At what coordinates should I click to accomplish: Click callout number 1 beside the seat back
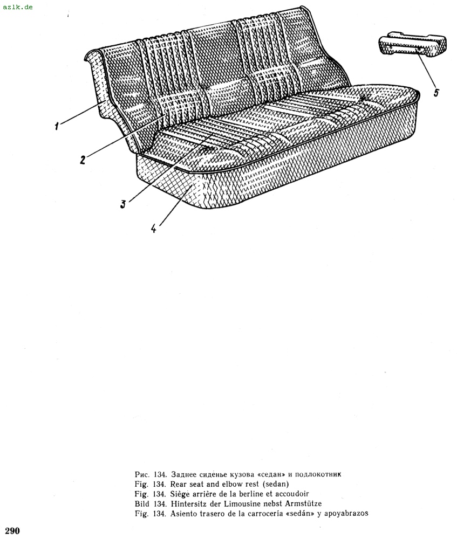pyautogui.click(x=56, y=127)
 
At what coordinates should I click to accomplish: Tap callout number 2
pyautogui.click(x=83, y=160)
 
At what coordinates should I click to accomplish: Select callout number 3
pyautogui.click(x=123, y=204)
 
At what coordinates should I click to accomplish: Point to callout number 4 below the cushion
pyautogui.click(x=154, y=228)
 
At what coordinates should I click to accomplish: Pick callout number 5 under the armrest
pyautogui.click(x=435, y=93)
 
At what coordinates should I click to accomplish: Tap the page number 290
pyautogui.click(x=12, y=531)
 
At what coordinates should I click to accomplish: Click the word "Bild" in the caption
pyautogui.click(x=142, y=503)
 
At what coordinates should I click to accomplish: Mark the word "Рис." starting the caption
pyautogui.click(x=142, y=474)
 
